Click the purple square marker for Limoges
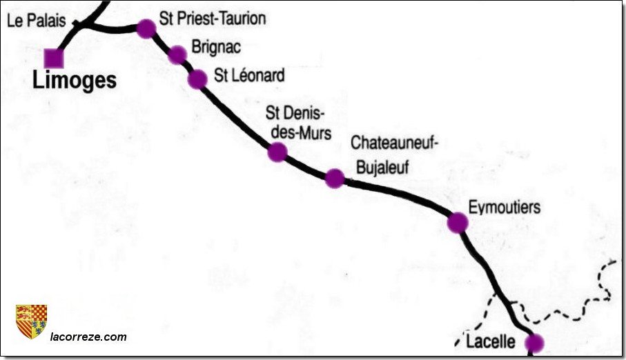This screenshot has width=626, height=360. (x=54, y=59)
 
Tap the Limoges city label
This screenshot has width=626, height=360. (x=75, y=81)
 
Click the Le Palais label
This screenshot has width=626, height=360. (x=37, y=21)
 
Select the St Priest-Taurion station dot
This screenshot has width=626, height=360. (x=146, y=28)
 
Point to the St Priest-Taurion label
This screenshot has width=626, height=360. (x=212, y=19)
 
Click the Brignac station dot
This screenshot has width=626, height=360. (x=177, y=54)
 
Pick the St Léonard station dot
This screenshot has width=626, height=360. (x=197, y=79)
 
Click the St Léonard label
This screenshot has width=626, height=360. (x=248, y=75)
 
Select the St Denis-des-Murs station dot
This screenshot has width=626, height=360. (x=277, y=152)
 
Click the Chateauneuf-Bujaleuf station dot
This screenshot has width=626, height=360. (x=335, y=179)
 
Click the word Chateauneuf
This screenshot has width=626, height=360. (x=395, y=143)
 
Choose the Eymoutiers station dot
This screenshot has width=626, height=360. (x=458, y=223)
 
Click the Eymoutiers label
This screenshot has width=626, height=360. (x=504, y=207)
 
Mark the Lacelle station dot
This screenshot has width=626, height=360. (x=534, y=343)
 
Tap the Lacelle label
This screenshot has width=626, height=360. (x=491, y=341)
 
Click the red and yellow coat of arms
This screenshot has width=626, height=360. (x=31, y=321)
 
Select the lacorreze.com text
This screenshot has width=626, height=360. (x=88, y=337)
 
